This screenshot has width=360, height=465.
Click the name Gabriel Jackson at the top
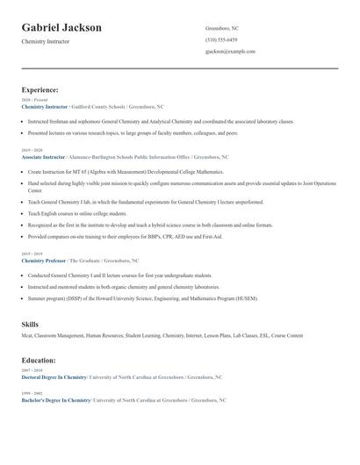[61, 27]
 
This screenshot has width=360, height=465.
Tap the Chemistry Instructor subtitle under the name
[46, 41]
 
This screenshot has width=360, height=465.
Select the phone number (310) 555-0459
[221, 39]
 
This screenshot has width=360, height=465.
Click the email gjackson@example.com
[230, 51]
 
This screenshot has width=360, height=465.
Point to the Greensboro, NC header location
[222, 28]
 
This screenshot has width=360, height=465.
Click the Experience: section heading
[40, 89]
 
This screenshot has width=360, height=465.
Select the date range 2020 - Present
[32, 100]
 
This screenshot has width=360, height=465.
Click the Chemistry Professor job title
[44, 261]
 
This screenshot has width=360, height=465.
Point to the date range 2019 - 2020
[31, 150]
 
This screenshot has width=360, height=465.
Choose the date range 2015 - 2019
[31, 254]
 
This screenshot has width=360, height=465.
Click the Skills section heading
[31, 325]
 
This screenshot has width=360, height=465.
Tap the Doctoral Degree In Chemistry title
[54, 376]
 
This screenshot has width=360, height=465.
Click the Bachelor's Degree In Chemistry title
[56, 399]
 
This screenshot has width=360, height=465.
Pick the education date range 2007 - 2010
[31, 370]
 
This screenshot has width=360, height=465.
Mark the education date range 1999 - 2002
[31, 393]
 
